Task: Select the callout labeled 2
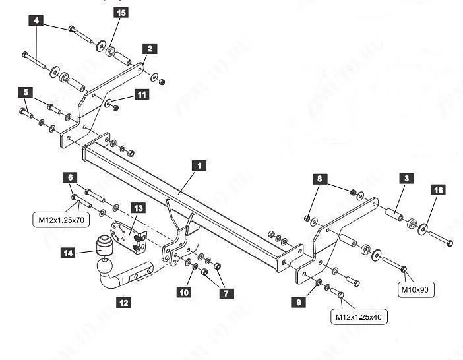click(150, 49)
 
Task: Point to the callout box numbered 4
click(36, 20)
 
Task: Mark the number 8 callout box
click(319, 179)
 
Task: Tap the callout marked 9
click(301, 303)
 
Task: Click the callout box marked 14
click(69, 253)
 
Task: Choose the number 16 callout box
click(439, 190)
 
